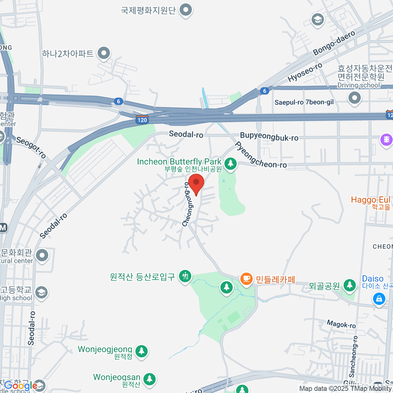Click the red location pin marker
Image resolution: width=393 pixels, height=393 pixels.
point(196,184)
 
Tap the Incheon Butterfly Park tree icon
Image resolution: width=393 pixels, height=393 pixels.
point(231,163)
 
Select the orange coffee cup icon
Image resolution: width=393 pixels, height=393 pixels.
point(246,279)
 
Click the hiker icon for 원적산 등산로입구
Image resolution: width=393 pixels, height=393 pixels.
point(185,276)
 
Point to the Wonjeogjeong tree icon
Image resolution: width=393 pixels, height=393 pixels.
point(141,351)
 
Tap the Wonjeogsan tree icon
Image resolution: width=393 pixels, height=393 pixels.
point(149,379)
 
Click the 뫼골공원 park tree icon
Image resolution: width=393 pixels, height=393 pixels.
point(349,285)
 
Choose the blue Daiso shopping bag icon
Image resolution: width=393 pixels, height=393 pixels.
point(379,299)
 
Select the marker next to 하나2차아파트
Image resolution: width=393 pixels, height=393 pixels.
point(104,53)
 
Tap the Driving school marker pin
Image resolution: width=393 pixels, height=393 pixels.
point(354,98)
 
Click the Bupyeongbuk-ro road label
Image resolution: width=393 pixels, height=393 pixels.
point(269,137)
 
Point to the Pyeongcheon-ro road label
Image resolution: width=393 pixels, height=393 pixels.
point(260,156)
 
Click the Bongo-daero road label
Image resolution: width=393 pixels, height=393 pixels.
point(334,43)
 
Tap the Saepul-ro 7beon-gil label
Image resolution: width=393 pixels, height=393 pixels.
point(304,102)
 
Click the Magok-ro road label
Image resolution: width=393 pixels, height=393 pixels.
point(341,324)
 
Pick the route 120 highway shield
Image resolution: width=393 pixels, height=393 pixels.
point(142,120)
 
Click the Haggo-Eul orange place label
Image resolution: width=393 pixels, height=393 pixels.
point(370,200)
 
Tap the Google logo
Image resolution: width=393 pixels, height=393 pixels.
point(21,386)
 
